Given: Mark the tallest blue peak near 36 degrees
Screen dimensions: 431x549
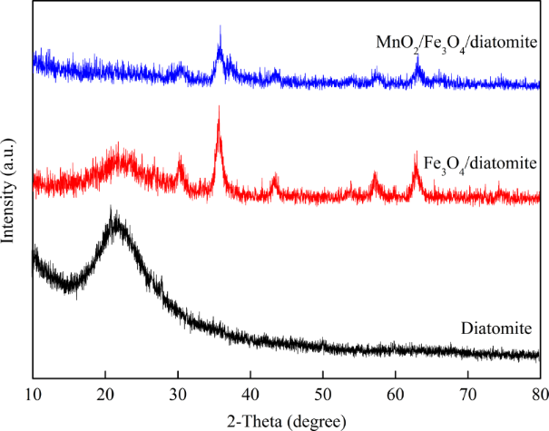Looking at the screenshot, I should pyautogui.click(x=220, y=27).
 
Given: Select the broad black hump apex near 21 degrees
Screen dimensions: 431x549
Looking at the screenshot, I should pyautogui.click(x=113, y=211).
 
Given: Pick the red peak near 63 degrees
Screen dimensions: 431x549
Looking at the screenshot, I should pyautogui.click(x=417, y=152).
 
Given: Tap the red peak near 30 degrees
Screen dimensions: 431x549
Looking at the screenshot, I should pyautogui.click(x=180, y=158).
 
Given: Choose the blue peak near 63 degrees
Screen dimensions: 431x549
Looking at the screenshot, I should pyautogui.click(x=417, y=57).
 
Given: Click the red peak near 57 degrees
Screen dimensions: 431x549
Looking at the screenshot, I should pyautogui.click(x=375, y=173).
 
